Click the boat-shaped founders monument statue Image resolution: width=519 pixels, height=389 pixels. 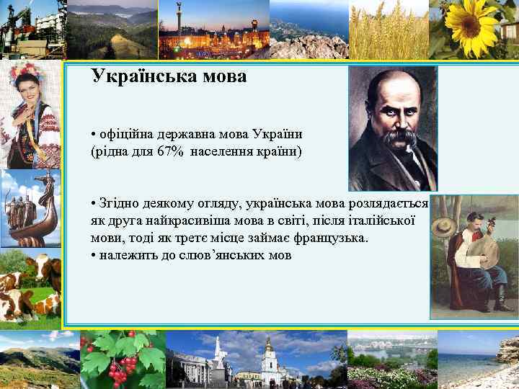point(32,209)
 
